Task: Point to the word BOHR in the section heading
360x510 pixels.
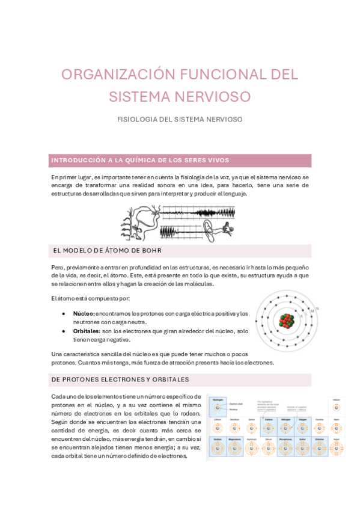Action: coord(150,250)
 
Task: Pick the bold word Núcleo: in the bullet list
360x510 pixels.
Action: coord(84,313)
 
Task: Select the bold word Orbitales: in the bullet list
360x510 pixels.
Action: coord(87,331)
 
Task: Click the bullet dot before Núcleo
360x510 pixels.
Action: coord(64,313)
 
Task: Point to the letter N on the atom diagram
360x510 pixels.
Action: coord(317,309)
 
